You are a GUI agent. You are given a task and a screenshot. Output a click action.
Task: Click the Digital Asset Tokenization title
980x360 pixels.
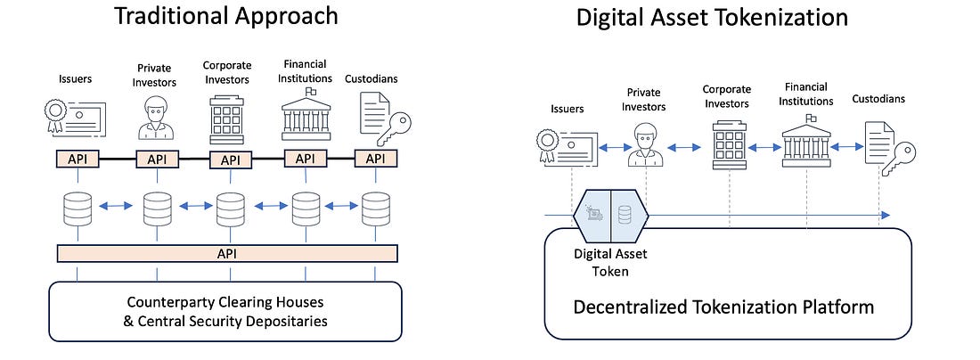click(x=711, y=18)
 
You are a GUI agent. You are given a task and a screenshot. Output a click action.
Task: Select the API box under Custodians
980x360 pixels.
click(x=376, y=159)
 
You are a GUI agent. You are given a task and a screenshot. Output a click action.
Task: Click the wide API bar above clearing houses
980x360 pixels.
click(x=226, y=253)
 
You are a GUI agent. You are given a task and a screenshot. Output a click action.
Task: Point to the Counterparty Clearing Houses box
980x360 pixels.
click(x=226, y=309)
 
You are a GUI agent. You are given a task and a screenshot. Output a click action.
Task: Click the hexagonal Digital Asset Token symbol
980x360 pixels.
click(x=611, y=215)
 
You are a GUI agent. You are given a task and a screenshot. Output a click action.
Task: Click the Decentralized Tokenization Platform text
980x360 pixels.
click(x=723, y=307)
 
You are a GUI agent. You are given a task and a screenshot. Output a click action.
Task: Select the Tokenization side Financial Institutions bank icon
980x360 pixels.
click(x=806, y=143)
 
